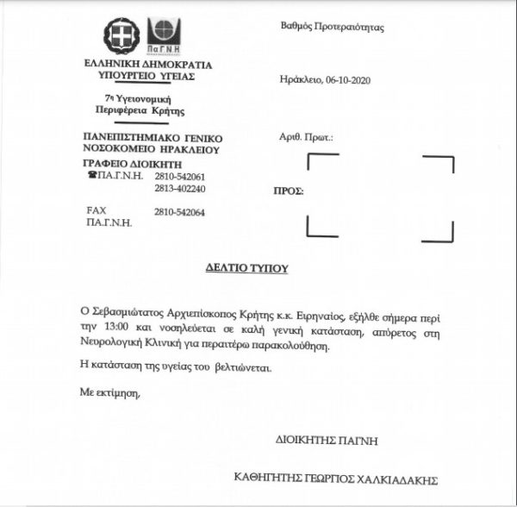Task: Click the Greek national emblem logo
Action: (121, 35)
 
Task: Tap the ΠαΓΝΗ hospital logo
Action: (163, 35)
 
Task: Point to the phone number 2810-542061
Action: (180, 176)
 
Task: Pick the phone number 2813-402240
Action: (180, 188)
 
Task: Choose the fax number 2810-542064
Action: (180, 212)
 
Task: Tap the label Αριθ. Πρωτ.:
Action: (307, 138)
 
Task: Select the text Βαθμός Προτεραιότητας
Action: (332, 28)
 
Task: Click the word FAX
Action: (97, 211)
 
